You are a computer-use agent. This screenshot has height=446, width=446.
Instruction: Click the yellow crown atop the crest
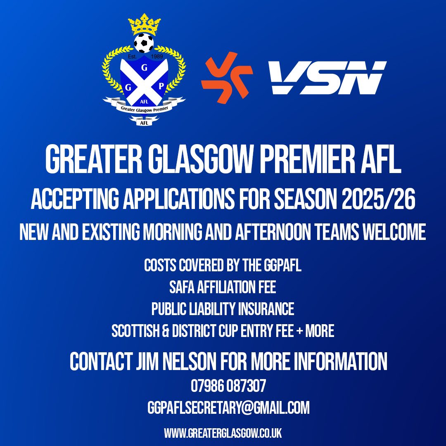tap(144, 25)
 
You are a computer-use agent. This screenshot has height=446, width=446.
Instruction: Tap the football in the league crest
tap(144, 43)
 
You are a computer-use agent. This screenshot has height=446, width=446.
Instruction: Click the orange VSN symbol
tap(227, 77)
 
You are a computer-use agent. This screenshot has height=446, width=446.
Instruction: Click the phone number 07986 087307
tap(228, 387)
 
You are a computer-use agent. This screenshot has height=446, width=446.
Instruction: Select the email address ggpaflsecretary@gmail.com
tap(228, 408)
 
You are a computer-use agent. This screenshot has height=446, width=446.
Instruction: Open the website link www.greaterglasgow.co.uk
tap(223, 433)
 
